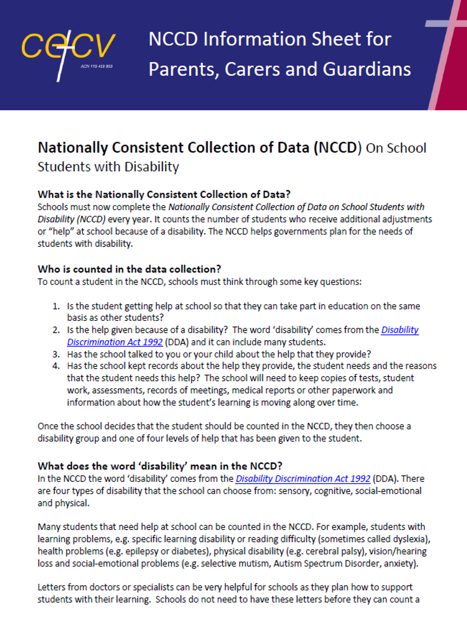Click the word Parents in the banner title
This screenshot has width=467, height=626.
click(x=182, y=69)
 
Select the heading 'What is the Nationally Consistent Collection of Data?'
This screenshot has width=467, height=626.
click(x=164, y=195)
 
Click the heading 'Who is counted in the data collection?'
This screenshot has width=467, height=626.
click(x=129, y=269)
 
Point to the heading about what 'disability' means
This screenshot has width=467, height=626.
click(x=159, y=466)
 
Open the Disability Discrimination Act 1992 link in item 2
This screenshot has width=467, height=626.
click(x=400, y=330)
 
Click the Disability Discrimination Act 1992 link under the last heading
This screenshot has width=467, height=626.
click(x=303, y=478)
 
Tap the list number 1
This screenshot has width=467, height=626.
click(x=56, y=306)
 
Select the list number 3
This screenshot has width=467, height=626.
click(x=56, y=353)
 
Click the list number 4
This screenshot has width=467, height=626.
click(x=56, y=366)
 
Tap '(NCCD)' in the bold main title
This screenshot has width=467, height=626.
click(x=337, y=148)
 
